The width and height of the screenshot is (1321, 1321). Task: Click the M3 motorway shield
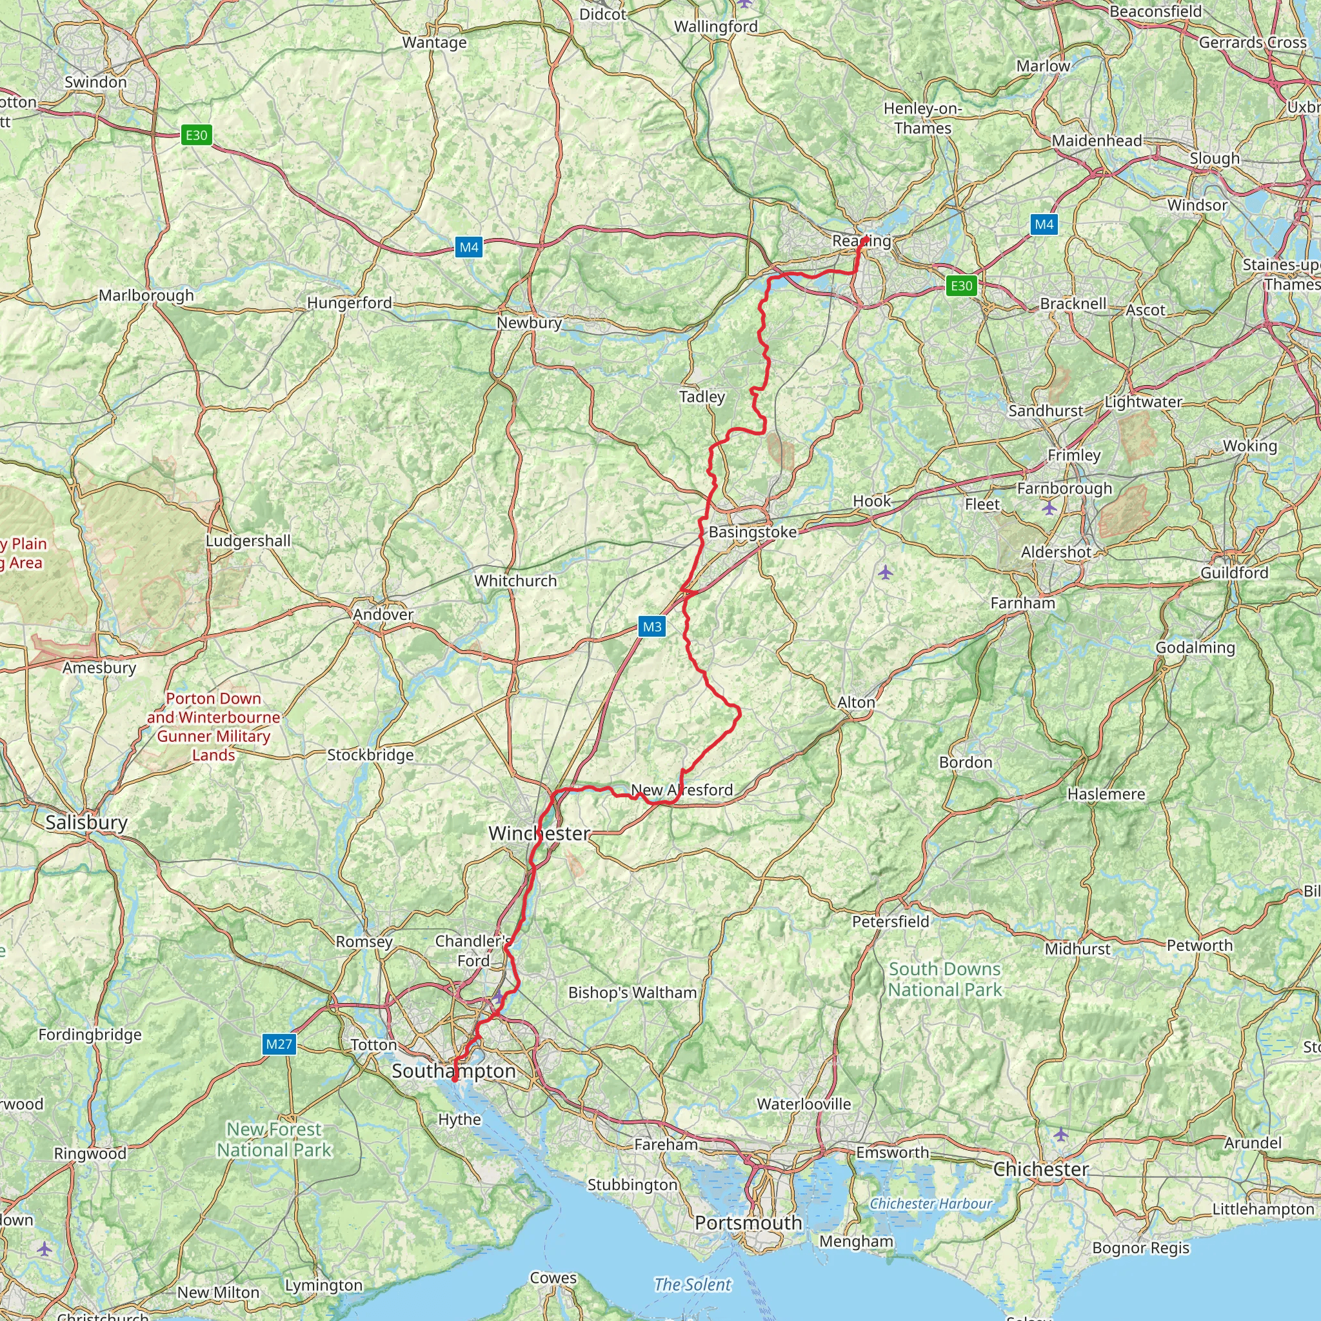(x=651, y=626)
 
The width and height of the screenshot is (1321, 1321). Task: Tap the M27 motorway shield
(x=279, y=1044)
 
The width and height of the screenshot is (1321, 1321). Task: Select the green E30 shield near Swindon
(x=196, y=135)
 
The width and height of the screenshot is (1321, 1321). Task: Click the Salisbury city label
(x=87, y=822)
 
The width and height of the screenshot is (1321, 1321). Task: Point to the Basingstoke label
(x=753, y=532)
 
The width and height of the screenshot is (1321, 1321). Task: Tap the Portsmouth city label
(x=749, y=1222)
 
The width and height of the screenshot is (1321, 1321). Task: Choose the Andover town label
(x=383, y=614)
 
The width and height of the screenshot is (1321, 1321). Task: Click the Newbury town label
(x=529, y=323)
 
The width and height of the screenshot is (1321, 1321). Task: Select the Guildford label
(x=1235, y=572)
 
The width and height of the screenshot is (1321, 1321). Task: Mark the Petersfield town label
(x=891, y=922)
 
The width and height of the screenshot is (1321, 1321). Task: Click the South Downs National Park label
(x=945, y=979)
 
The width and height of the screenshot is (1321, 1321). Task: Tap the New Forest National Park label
(x=274, y=1140)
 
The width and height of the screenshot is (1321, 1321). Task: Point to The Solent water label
(x=693, y=1285)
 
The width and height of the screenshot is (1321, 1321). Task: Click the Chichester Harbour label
(x=931, y=1204)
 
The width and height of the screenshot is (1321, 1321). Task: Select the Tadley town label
(x=702, y=397)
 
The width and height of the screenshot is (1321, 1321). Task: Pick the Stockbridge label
(x=371, y=755)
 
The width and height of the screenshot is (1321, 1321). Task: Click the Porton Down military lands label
(x=214, y=726)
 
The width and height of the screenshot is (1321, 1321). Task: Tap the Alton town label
(x=856, y=702)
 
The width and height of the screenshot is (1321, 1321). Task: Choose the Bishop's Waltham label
(x=633, y=993)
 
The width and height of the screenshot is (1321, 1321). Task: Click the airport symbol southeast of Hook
(x=886, y=571)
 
